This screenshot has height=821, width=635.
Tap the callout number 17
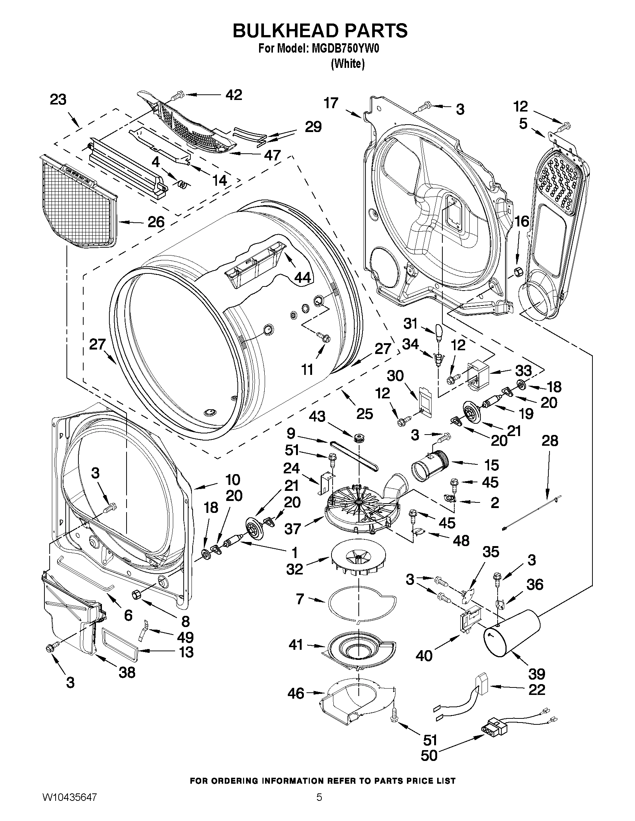(331, 103)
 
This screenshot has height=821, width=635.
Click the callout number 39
(536, 673)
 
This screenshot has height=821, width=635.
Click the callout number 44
(302, 277)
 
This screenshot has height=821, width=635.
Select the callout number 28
(550, 441)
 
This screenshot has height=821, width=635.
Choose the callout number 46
(296, 693)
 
